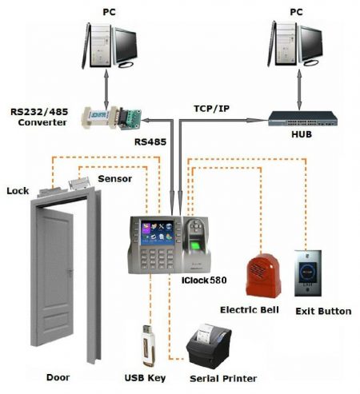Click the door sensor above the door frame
coord(81,183)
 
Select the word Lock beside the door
coord(18,191)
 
